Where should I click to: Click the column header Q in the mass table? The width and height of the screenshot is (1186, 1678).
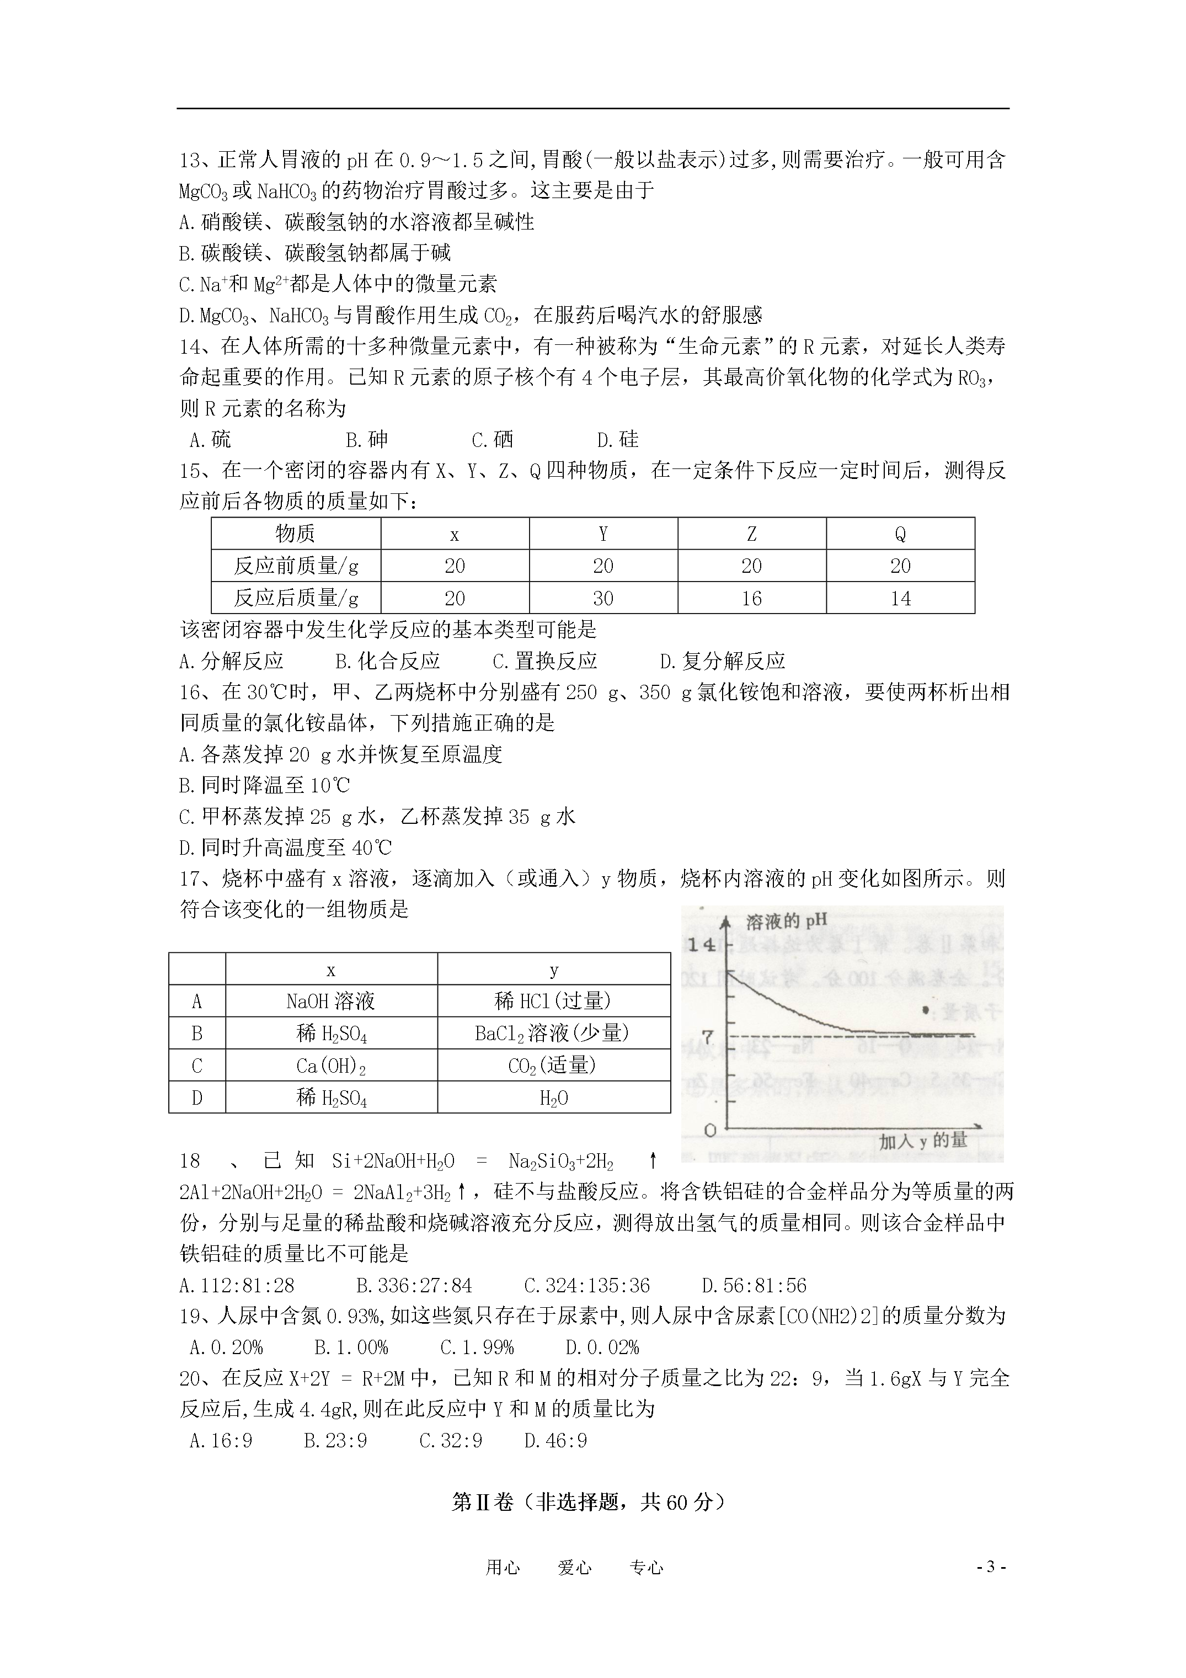[x=900, y=534]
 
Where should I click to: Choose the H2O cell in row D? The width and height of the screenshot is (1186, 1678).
[x=553, y=1098]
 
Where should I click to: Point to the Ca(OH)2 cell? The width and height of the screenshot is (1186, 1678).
[x=331, y=1066]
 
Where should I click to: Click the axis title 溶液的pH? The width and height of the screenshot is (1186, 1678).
[x=786, y=921]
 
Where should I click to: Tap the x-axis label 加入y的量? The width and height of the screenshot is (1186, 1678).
[x=923, y=1141]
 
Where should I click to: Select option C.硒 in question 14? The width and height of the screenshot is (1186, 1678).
[x=493, y=440]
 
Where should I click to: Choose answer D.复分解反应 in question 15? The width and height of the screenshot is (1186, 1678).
[x=722, y=662]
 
